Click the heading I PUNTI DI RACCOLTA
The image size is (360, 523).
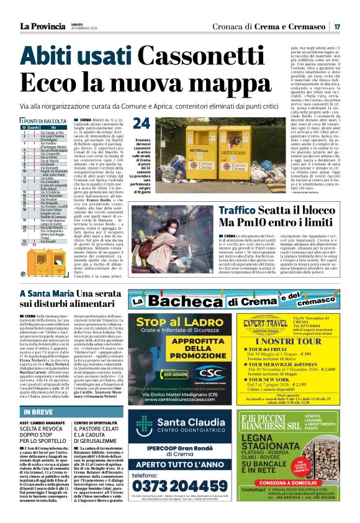pos(44,121)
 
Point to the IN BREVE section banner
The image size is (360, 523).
pos(38,412)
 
